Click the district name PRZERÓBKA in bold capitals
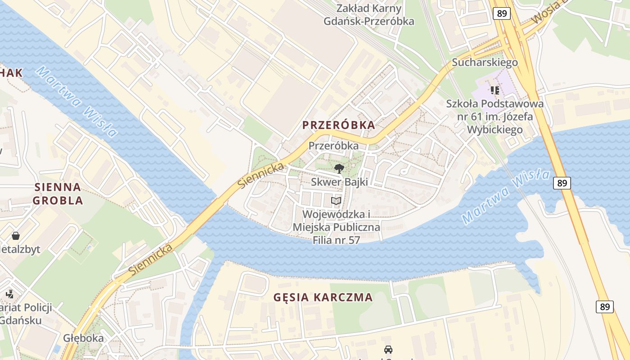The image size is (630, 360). coord(338,125)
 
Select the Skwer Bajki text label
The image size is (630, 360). coord(339,182)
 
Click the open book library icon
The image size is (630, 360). coord(336,201)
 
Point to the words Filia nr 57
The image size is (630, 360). coord(336,240)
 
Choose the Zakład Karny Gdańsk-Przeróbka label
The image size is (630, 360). coord(369,14)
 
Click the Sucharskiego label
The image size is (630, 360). coord(485,62)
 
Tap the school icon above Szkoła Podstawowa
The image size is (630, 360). coord(495,90)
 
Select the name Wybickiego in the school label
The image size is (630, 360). coord(495,130)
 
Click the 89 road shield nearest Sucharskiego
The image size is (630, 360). coord(502,13)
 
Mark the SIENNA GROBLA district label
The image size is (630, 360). coord(58,193)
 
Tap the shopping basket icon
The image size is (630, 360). coord(16,235)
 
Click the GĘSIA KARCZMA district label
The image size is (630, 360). coord(323,297)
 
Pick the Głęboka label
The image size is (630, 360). coord(83,338)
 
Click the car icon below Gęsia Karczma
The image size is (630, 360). coord(388,349)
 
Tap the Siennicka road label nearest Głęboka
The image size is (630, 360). coord(151,260)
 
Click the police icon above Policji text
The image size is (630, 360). coord(9,294)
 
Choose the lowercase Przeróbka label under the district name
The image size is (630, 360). coord(333,146)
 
